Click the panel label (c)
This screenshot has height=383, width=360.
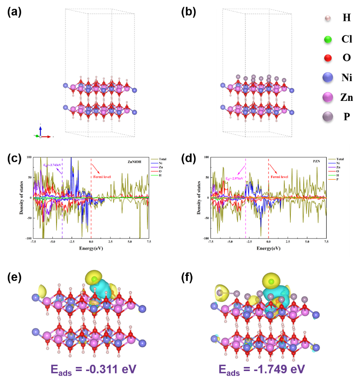click(x=14, y=159)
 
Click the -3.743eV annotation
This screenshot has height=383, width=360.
click(x=52, y=165)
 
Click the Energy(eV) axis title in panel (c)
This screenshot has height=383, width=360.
click(x=91, y=249)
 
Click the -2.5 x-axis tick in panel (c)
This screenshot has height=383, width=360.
click(x=71, y=243)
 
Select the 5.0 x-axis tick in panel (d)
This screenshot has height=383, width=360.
click(x=307, y=243)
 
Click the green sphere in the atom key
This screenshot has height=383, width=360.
click(x=328, y=40)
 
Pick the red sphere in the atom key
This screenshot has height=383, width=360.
click(x=328, y=58)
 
